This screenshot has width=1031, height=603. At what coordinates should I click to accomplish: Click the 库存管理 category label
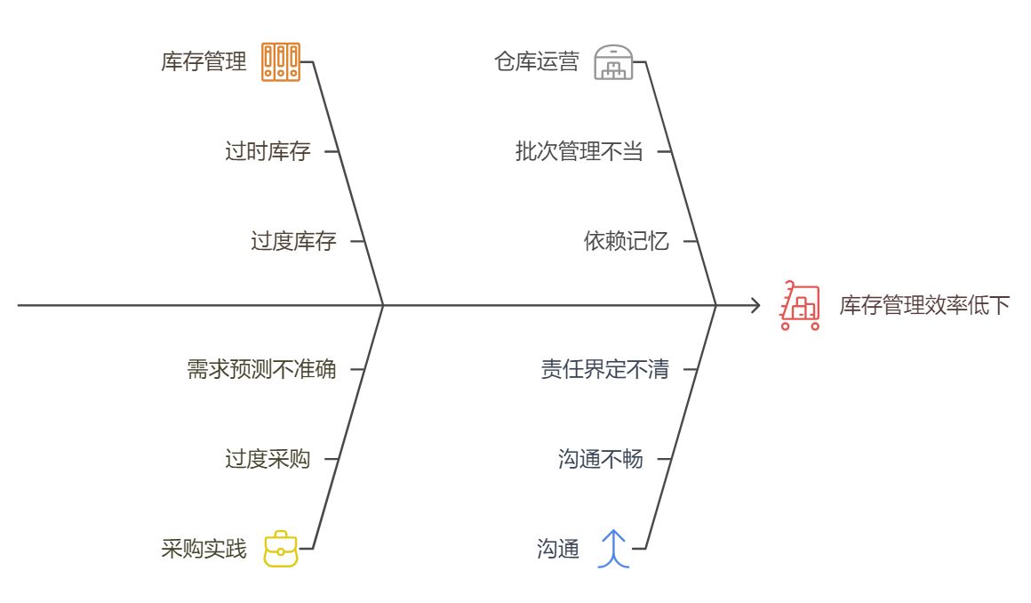(204, 62)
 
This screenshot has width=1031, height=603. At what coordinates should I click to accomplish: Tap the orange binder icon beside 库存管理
(281, 62)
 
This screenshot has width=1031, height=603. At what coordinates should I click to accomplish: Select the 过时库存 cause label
(268, 151)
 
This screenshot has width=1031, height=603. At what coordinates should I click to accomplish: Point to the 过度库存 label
(293, 241)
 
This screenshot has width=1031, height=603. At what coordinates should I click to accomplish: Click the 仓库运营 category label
(537, 62)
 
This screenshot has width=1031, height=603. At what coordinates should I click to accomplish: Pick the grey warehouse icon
(613, 62)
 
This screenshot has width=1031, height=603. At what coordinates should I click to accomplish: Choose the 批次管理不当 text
(579, 151)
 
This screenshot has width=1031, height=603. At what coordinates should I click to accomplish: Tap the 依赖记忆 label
(626, 241)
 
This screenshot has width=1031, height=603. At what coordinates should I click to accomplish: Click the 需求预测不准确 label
(261, 369)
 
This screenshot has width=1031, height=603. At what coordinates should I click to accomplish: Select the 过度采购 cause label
(268, 460)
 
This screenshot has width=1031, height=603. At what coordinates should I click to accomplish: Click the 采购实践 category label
(204, 549)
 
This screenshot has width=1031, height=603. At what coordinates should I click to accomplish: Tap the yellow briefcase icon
(281, 549)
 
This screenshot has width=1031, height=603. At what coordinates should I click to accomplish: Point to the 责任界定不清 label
(604, 369)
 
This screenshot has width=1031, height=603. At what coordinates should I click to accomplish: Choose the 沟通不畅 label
(600, 460)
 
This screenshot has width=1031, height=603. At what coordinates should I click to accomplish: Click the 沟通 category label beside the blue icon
(558, 549)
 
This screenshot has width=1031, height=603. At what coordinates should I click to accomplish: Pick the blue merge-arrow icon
(613, 549)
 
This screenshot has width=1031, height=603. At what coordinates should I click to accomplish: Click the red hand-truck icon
(799, 306)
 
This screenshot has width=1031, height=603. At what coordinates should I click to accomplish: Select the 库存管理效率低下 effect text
(924, 306)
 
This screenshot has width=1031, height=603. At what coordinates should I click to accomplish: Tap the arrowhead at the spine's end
(756, 306)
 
